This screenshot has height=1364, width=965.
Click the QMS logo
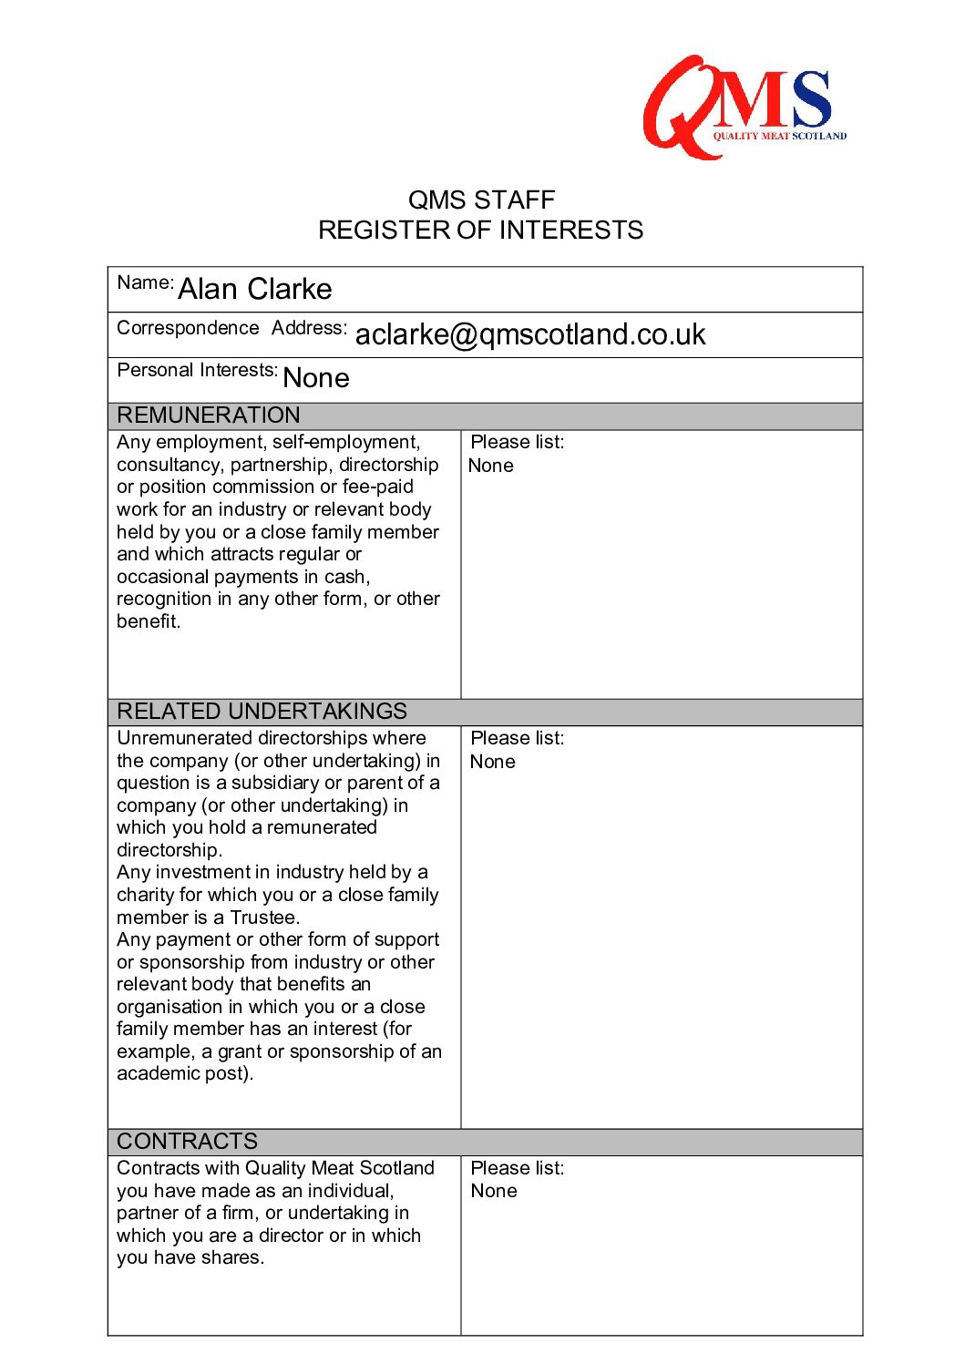click(x=744, y=106)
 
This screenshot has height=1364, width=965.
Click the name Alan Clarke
click(x=255, y=289)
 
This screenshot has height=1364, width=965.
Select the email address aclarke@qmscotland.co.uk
click(x=530, y=334)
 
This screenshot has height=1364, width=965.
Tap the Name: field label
click(x=145, y=282)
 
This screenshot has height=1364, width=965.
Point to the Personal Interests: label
click(x=198, y=370)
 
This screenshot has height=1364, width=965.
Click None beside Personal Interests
click(x=316, y=378)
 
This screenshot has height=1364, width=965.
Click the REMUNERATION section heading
click(x=209, y=415)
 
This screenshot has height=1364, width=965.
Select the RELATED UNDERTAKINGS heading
click(x=262, y=712)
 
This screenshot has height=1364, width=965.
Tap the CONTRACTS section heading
click(x=188, y=1142)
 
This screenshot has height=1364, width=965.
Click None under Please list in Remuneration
click(x=491, y=466)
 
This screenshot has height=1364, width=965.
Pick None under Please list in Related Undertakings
click(x=493, y=762)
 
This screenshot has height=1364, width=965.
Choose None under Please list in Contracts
click(x=494, y=1191)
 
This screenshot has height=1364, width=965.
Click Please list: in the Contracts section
click(x=518, y=1168)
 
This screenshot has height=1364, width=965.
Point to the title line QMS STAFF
click(x=481, y=200)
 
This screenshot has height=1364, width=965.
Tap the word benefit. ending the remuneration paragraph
click(x=149, y=621)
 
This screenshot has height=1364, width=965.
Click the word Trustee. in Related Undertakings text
click(x=265, y=918)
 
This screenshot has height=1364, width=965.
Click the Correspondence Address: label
click(x=231, y=328)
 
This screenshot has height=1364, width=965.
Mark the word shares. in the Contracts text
click(x=235, y=1257)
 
